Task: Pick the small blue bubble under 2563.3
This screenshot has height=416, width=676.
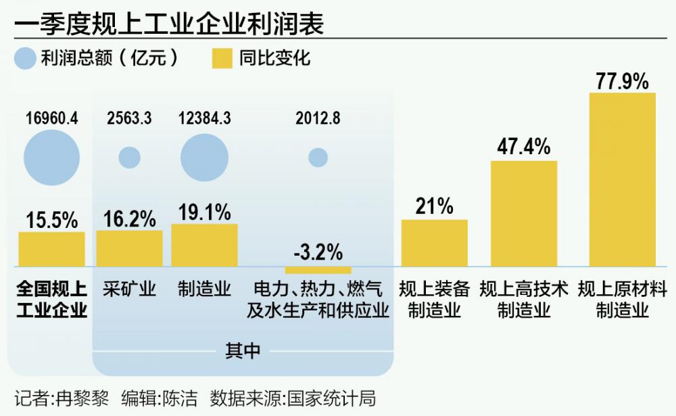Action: pos(129,158)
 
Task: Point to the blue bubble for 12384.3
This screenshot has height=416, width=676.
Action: pos(204,158)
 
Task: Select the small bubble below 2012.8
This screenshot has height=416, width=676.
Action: pos(318,158)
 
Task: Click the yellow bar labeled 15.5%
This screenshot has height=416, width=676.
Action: pos(51,249)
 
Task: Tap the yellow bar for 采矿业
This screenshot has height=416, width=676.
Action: pos(129,248)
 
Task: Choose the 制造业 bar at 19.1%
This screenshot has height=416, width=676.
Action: pos(204,245)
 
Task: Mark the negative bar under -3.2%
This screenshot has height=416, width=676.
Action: pos(318,270)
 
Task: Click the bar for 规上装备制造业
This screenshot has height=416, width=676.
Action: pos(434,243)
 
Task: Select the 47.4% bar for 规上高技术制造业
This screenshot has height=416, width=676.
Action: pos(524,213)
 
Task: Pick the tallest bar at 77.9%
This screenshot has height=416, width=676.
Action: pos(622,179)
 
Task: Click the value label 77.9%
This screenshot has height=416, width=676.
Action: pos(622,82)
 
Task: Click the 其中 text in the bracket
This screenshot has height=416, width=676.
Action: pos(242,350)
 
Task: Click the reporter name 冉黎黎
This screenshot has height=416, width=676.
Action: pos(80,397)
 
